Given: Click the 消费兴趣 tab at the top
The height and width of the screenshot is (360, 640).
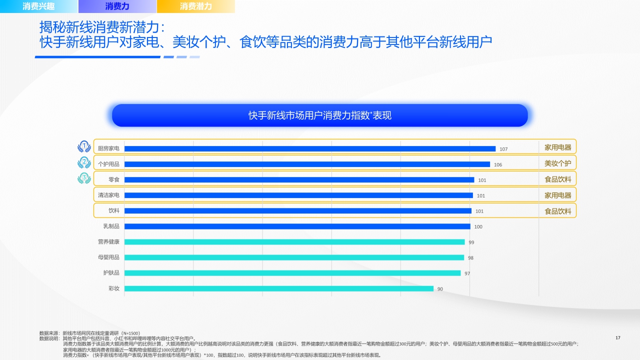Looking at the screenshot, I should (x=38, y=6).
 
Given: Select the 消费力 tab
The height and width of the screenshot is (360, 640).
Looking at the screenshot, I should (x=117, y=6).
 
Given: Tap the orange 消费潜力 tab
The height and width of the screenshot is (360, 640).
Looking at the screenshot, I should (x=195, y=6).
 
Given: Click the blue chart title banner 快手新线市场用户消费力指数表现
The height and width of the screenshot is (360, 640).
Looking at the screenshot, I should (x=320, y=115).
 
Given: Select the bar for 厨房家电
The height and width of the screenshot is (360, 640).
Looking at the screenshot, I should (x=309, y=148).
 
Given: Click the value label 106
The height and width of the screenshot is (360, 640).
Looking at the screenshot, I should (x=498, y=164).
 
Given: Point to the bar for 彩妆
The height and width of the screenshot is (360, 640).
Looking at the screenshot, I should (x=278, y=288).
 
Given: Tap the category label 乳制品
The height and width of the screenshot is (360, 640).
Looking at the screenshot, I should (x=111, y=226).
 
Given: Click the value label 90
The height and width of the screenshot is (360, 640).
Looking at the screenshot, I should (x=440, y=289).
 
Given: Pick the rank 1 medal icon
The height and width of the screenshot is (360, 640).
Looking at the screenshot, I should (x=84, y=146).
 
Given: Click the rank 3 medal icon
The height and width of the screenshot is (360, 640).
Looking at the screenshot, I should (x=84, y=177).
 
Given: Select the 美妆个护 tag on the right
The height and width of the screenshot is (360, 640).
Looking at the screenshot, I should (x=557, y=163).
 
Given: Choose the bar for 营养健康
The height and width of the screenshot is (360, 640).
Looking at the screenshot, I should (x=294, y=242).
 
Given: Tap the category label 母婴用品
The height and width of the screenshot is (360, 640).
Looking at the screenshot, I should (x=108, y=257).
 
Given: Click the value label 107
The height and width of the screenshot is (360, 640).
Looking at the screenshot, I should (x=503, y=149).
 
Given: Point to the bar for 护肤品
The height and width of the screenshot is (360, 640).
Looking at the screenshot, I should (x=292, y=273).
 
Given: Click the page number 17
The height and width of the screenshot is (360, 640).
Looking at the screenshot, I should (x=617, y=338).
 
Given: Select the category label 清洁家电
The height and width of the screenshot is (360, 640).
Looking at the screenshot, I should (x=108, y=195).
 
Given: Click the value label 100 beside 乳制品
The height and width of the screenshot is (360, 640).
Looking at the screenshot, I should (x=478, y=227).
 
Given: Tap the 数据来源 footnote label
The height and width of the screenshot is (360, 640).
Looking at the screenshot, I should (x=49, y=333).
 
